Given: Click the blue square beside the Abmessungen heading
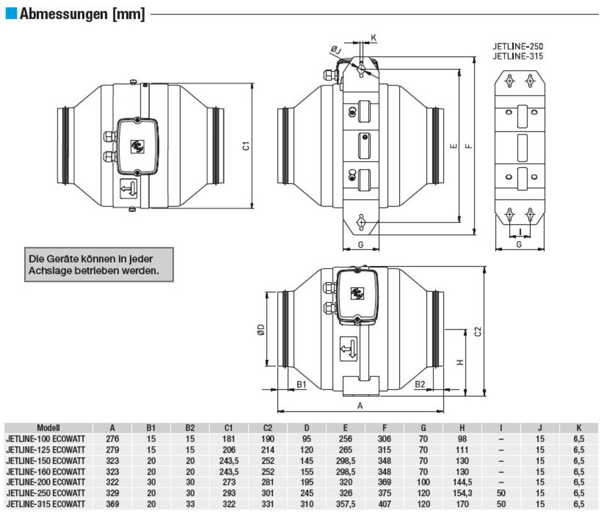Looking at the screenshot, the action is [x=11, y=13].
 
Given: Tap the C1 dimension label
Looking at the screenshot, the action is [x=246, y=146].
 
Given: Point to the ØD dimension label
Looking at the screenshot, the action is [x=261, y=330].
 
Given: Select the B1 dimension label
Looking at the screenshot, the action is [x=301, y=384].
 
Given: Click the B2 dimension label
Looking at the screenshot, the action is [x=420, y=384].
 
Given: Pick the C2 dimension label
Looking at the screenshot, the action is [x=478, y=331].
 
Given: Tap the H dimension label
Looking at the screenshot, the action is [x=460, y=362].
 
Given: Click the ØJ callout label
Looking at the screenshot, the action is [x=336, y=49].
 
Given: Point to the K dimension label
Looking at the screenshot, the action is [x=373, y=37].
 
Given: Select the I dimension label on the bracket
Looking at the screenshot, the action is [x=520, y=232].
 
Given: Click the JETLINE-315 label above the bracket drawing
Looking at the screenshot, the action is [x=518, y=56].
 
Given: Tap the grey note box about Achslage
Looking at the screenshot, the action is [x=99, y=265].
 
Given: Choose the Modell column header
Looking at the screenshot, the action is [x=48, y=427].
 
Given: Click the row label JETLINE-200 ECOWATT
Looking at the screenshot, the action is [x=45, y=482].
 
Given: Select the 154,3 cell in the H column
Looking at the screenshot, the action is [x=462, y=493].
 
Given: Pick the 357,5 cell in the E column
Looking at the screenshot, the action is [x=345, y=504].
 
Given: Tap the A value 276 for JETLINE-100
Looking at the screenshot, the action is [x=112, y=439].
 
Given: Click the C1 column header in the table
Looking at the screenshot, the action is [x=228, y=427].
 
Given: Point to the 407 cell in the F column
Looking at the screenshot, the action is [x=384, y=504].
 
